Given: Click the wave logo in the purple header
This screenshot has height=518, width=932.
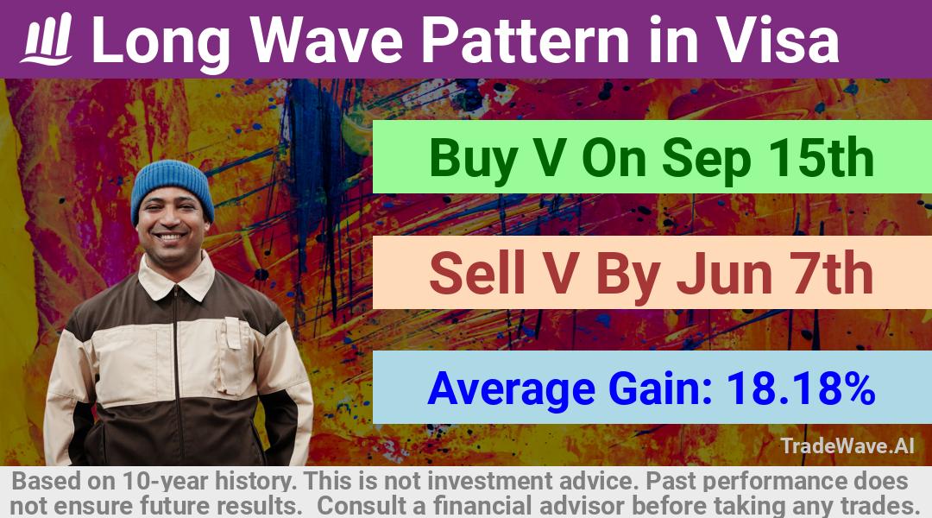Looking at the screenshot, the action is point(47,40).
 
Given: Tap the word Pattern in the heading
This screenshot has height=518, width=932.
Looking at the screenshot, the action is point(525,40).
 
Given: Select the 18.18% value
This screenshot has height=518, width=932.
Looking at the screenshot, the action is point(801,388).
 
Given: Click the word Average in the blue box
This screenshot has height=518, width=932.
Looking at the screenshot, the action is point(511,389).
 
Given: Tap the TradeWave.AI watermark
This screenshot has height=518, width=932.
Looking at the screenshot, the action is point(847,445).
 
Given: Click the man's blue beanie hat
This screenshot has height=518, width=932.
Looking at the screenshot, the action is point(172,186).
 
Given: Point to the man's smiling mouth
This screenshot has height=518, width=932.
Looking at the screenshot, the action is point(171,237).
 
